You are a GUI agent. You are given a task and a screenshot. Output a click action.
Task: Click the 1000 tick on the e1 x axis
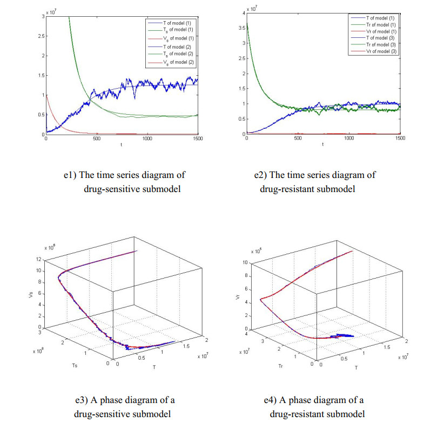(x=147, y=139)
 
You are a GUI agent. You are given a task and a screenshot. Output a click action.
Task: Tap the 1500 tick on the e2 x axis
(x=400, y=139)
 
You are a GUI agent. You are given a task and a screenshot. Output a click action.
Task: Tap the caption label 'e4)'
(x=270, y=400)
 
